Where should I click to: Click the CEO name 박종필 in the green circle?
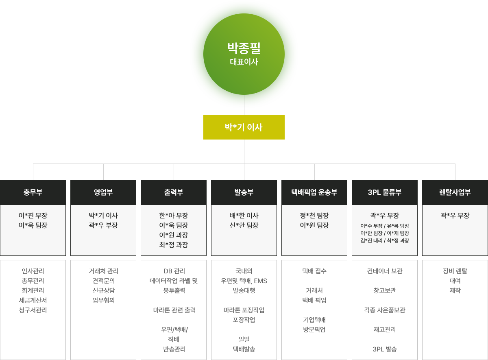coord(244,48)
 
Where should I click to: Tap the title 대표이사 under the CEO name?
coord(244,62)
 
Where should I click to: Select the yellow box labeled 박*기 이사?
coord(244,127)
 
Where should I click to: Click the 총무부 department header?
coord(33,192)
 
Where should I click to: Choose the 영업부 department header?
coord(103,192)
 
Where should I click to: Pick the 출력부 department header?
coord(174,192)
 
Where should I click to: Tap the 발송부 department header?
coord(244,192)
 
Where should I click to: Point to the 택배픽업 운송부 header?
coord(314,192)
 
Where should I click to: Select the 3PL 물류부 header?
coord(385,192)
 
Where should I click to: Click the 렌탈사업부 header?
coord(455,192)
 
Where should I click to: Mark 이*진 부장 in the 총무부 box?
coord(33,216)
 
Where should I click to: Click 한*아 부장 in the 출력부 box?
coord(174,216)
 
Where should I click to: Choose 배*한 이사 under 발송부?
coord(244,216)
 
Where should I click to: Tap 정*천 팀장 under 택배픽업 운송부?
coord(314,216)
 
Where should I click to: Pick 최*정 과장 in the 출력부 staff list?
coord(174,245)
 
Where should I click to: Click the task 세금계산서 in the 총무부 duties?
coord(33,300)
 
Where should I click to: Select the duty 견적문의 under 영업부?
coord(103,281)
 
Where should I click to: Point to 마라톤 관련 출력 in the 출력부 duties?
coord(174,310)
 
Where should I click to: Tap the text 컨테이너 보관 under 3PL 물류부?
coord(385,271)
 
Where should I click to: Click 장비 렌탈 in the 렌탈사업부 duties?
coord(455,271)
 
